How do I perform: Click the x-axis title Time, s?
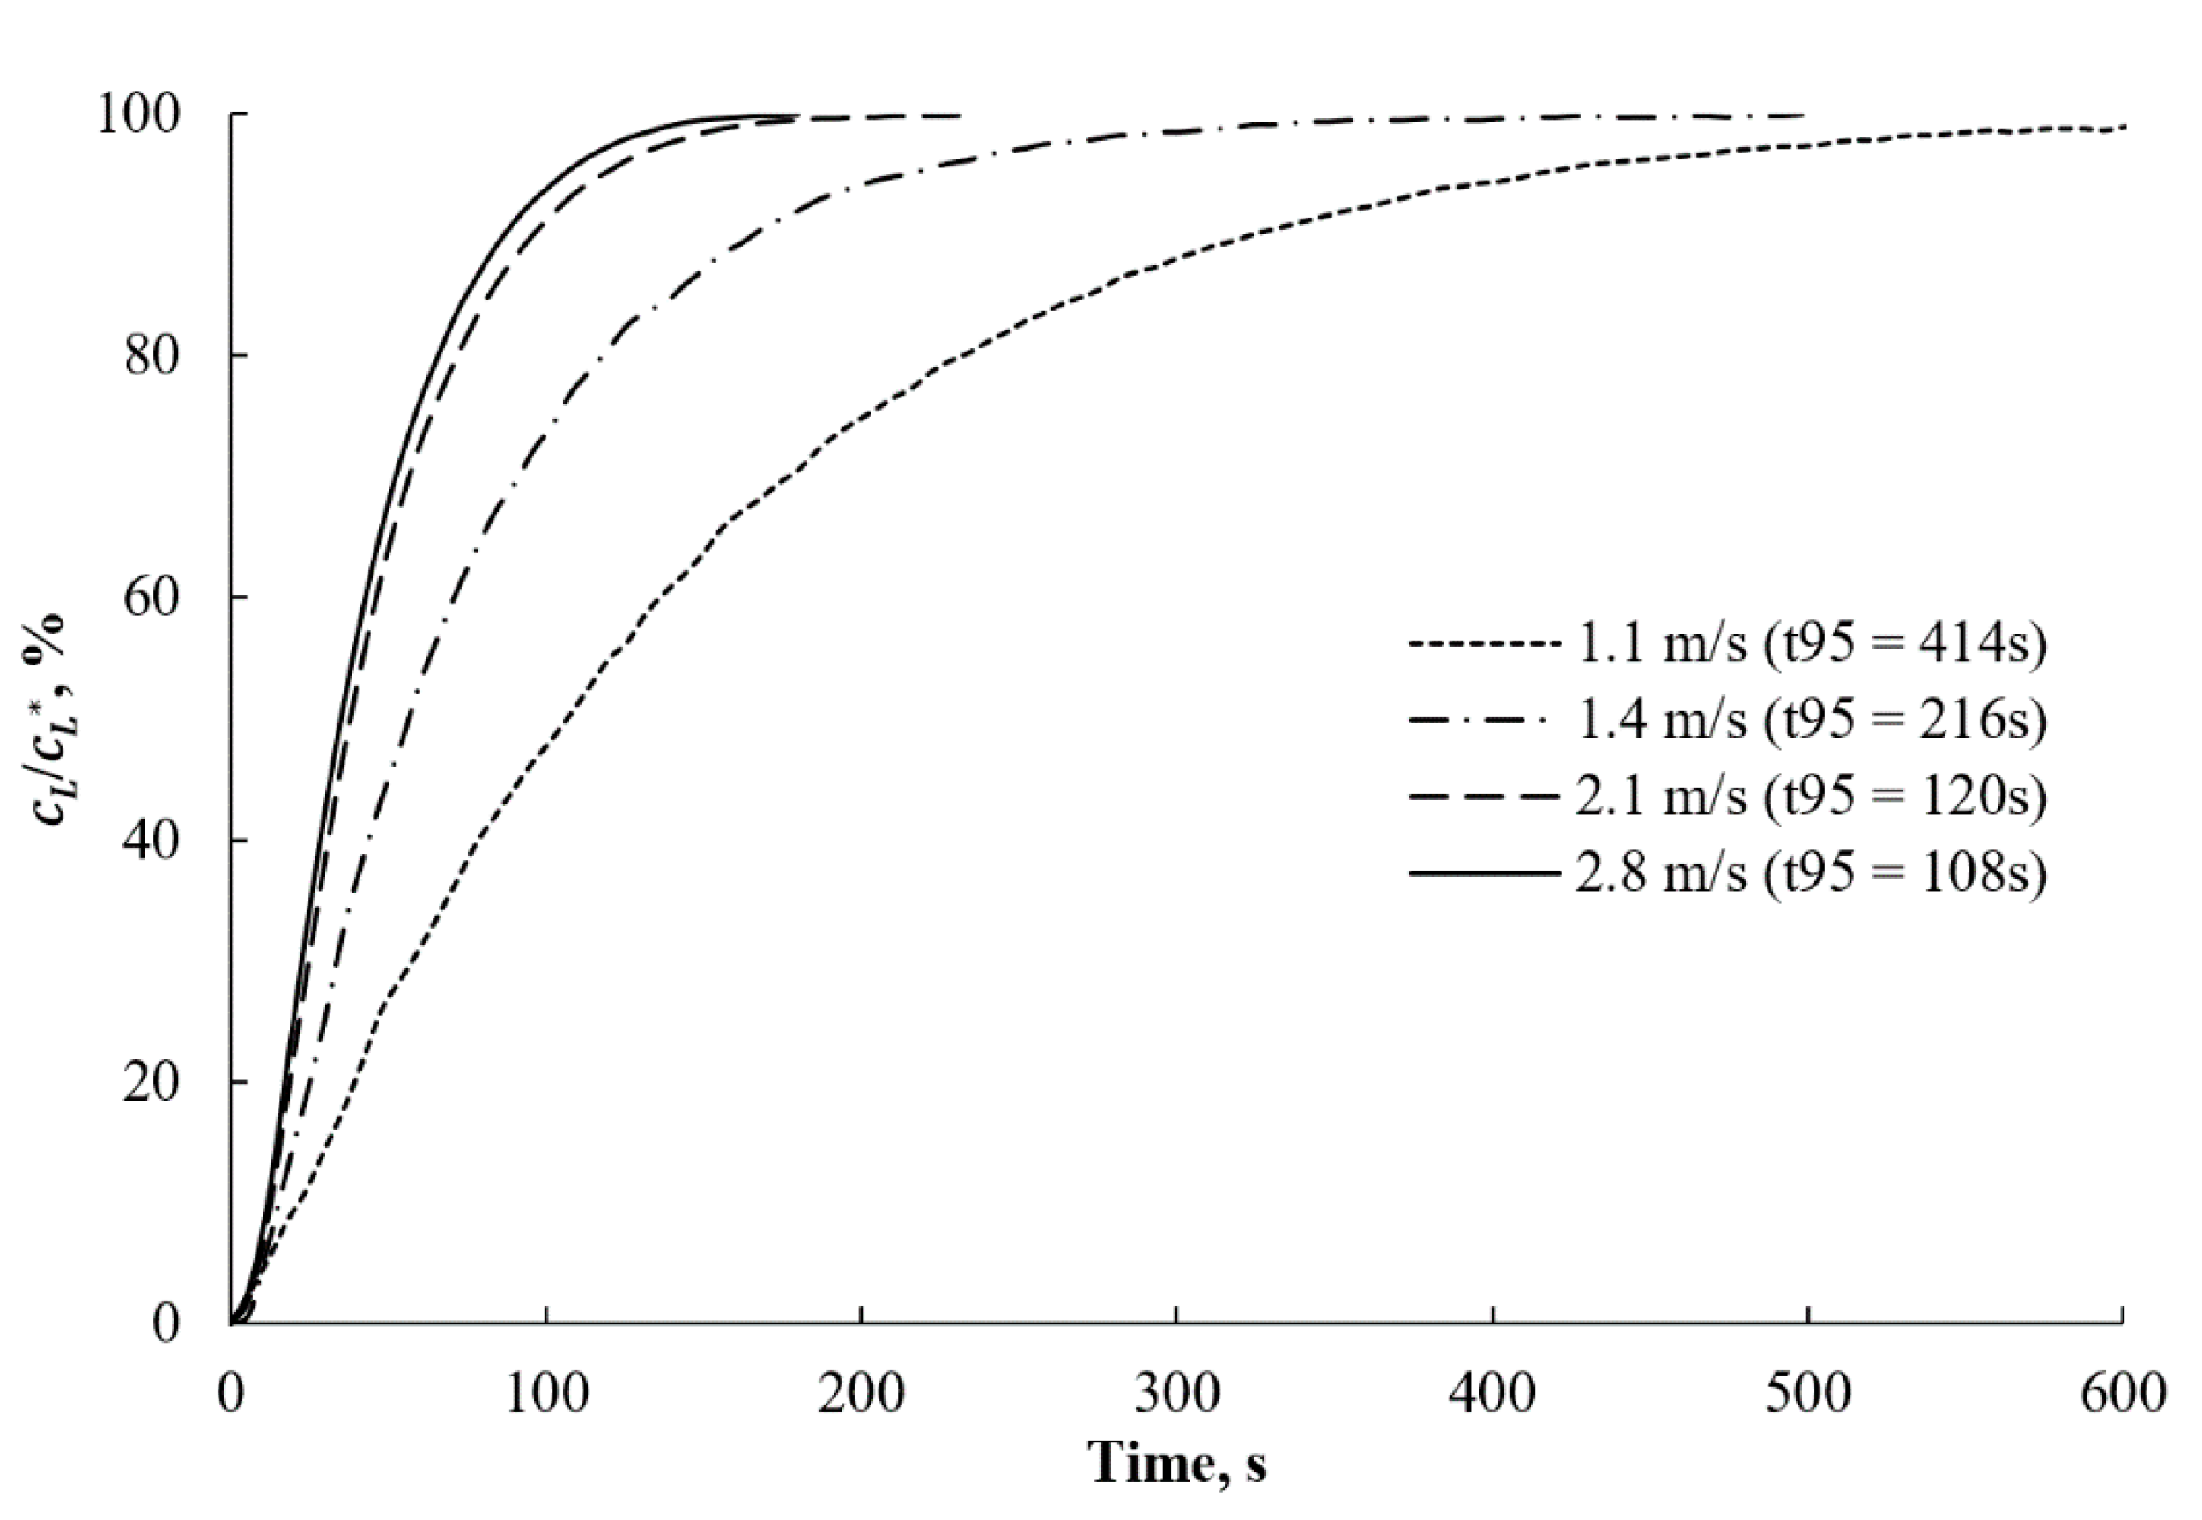tap(1177, 1462)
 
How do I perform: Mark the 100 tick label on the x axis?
tap(545, 1393)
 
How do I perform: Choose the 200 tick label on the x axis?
tap(861, 1393)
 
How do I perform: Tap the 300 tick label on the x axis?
tap(1177, 1393)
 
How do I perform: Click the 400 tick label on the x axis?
tap(1493, 1393)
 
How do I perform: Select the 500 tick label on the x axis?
tap(1808, 1393)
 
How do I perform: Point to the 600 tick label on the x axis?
tap(2123, 1393)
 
